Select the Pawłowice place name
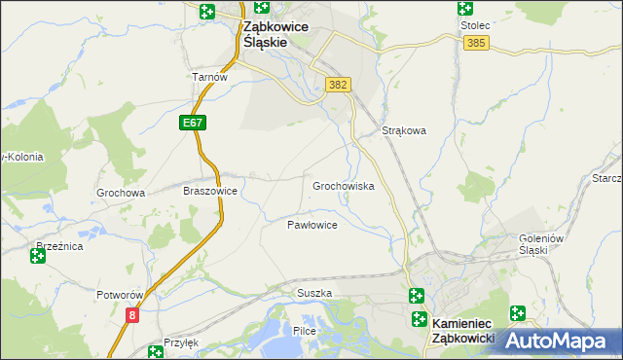[x=311, y=225]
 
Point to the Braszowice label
[x=210, y=192]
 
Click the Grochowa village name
[x=121, y=193]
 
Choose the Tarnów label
[x=209, y=77]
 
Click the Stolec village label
[x=473, y=25]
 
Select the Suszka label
[x=314, y=293]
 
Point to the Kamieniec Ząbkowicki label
[x=464, y=329]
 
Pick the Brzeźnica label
[x=59, y=247]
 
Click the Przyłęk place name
[x=181, y=342]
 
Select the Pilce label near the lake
[x=306, y=331]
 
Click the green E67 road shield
[x=192, y=124]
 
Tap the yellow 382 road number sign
[x=338, y=86]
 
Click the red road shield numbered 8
[x=132, y=314]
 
